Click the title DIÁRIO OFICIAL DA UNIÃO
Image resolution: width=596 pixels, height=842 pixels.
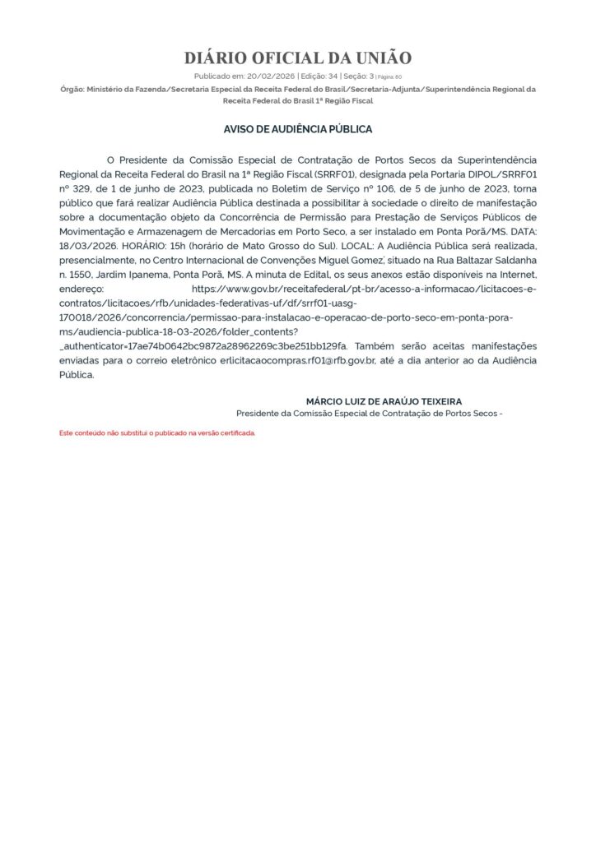click(297, 58)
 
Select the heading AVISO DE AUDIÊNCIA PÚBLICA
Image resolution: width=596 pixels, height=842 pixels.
click(298, 130)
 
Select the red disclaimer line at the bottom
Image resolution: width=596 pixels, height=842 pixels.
click(157, 433)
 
